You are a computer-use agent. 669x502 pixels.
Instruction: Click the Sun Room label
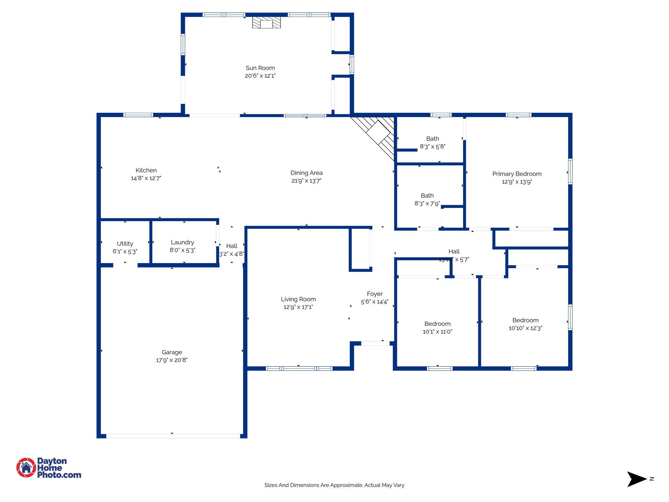click(x=260, y=68)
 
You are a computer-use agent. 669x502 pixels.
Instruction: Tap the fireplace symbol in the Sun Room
click(x=266, y=23)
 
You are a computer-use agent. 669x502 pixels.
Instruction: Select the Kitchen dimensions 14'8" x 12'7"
click(x=146, y=178)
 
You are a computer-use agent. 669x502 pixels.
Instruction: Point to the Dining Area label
click(x=306, y=173)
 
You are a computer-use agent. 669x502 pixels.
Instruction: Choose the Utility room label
click(x=125, y=243)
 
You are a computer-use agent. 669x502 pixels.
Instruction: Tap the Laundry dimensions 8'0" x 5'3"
click(x=182, y=250)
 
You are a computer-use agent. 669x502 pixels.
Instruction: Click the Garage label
click(x=172, y=352)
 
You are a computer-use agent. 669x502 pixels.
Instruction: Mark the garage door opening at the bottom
click(x=173, y=436)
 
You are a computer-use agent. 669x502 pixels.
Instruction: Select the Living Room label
click(x=298, y=299)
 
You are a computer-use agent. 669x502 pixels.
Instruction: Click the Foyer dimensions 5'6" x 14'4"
click(x=375, y=302)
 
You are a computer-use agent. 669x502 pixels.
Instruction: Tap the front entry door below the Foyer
click(x=375, y=343)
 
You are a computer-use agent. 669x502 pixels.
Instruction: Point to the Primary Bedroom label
click(x=517, y=174)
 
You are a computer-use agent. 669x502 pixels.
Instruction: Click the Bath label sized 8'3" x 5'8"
click(x=432, y=139)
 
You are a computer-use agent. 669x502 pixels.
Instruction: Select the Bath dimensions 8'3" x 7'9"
click(x=427, y=204)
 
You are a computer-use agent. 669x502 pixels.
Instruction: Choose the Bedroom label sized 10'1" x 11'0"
click(x=437, y=324)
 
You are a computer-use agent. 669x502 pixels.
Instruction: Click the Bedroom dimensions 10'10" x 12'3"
click(x=525, y=328)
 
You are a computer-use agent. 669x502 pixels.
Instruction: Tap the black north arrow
click(x=635, y=479)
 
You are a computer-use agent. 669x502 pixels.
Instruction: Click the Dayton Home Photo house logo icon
click(x=26, y=467)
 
